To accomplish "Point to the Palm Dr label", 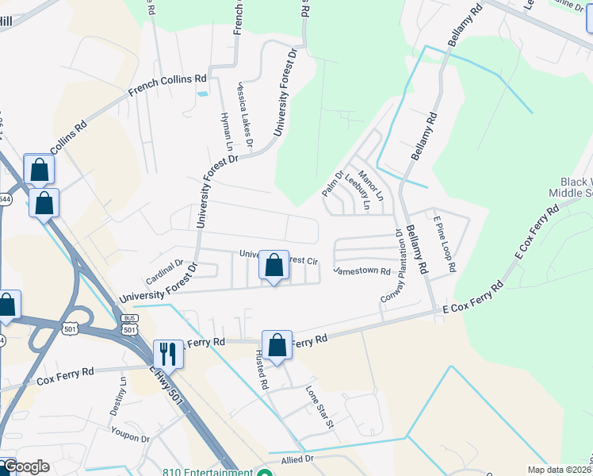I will click(x=332, y=185).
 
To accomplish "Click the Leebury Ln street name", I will click(x=357, y=191).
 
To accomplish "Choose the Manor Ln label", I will click(x=370, y=184).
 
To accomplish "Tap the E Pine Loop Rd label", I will click(x=443, y=246).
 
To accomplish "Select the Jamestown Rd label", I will click(x=362, y=271).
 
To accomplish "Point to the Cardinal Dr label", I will click(x=164, y=272).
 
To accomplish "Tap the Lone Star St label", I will click(x=320, y=408).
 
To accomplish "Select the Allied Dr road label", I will click(x=297, y=459).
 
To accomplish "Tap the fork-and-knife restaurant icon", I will click(x=168, y=354).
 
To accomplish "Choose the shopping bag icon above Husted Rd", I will click(x=277, y=345).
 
